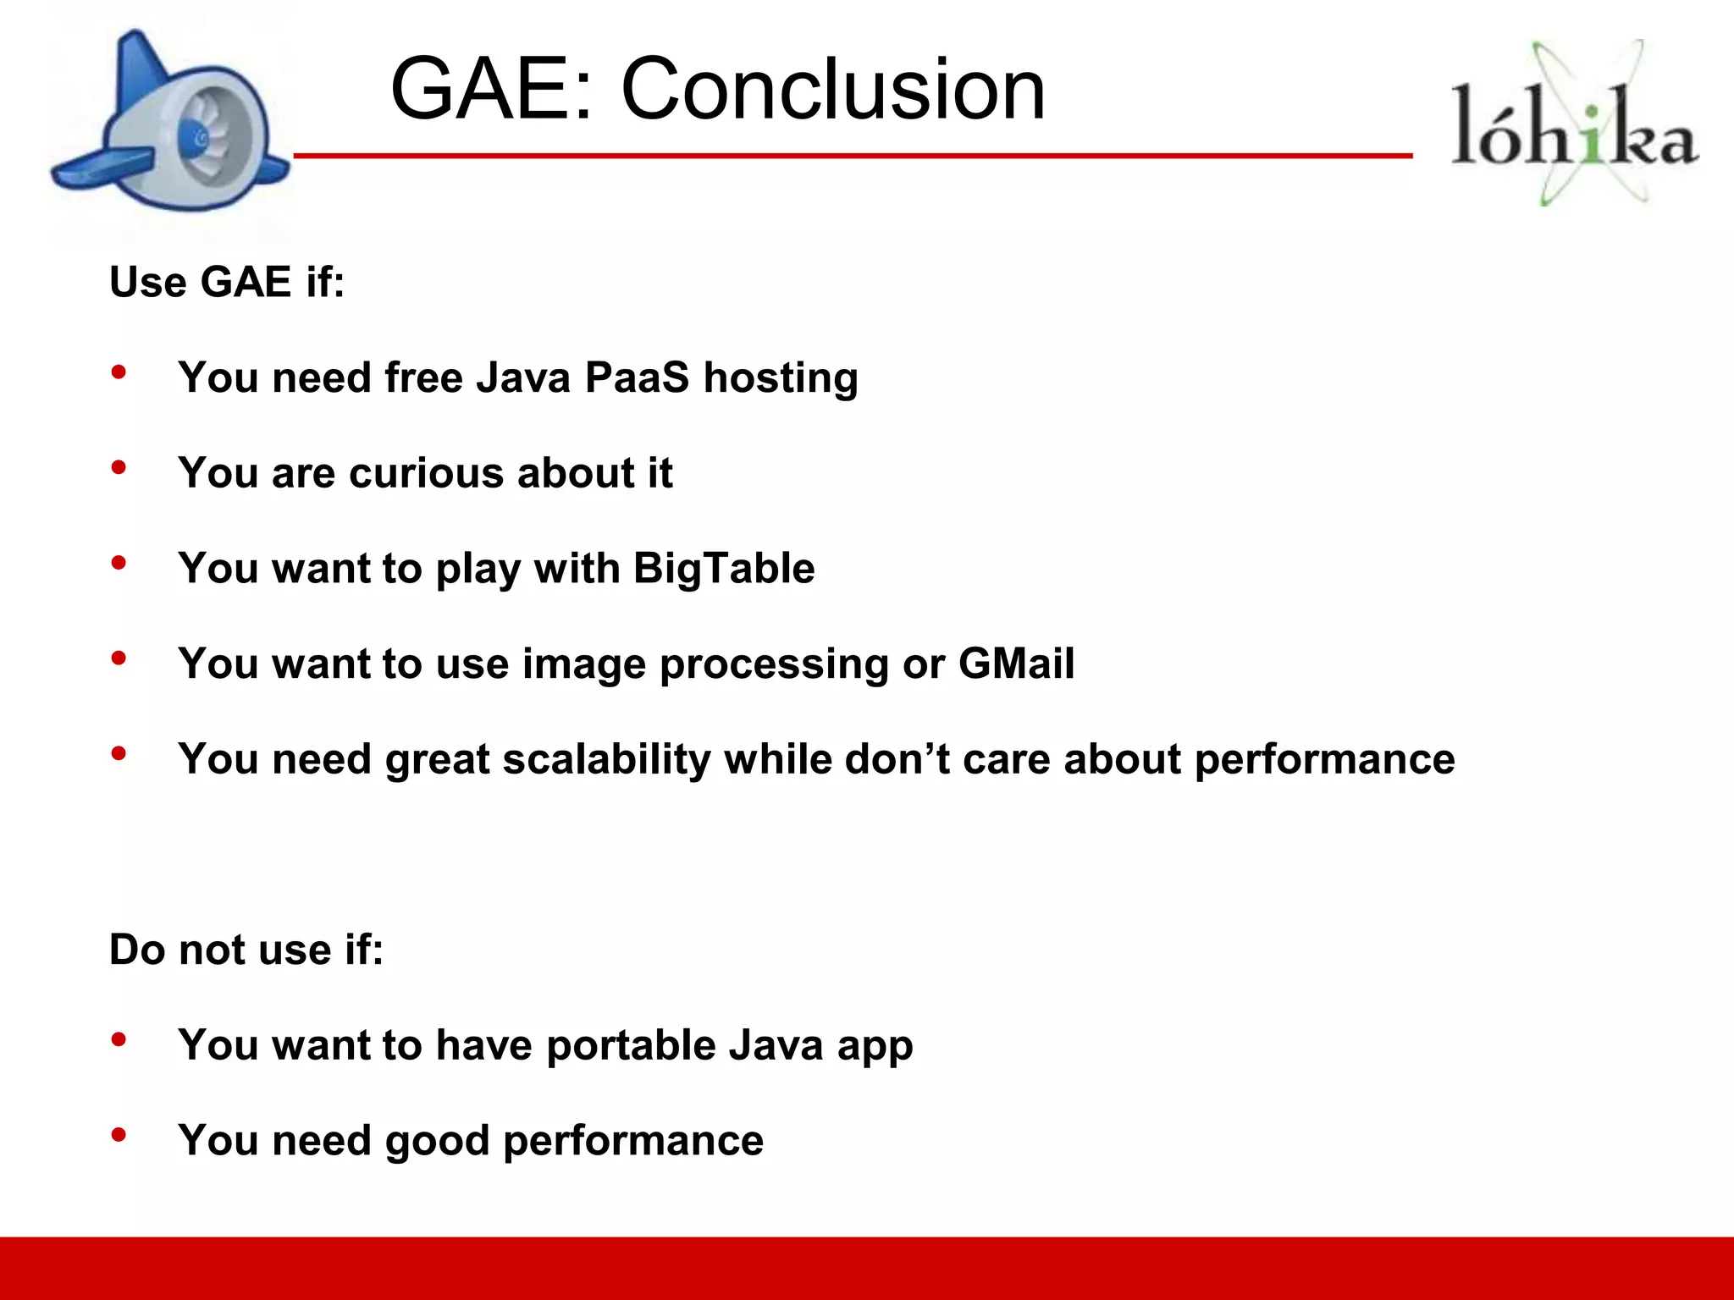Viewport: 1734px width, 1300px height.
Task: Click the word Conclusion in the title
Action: click(834, 90)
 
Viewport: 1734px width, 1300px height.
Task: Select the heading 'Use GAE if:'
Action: click(227, 282)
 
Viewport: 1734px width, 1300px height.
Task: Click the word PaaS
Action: click(637, 377)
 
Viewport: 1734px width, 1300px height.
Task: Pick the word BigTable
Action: click(724, 568)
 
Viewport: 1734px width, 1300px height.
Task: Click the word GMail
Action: click(1016, 664)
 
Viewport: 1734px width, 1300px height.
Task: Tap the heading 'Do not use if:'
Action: click(246, 950)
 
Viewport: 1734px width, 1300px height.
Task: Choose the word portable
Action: click(631, 1045)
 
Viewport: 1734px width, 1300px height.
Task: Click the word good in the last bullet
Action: click(437, 1141)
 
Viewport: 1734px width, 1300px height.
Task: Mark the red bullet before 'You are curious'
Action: click(119, 467)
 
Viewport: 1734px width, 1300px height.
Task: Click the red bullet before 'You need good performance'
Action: click(119, 1134)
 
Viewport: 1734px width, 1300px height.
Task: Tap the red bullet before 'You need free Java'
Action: click(119, 372)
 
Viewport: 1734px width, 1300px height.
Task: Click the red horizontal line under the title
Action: click(847, 156)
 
